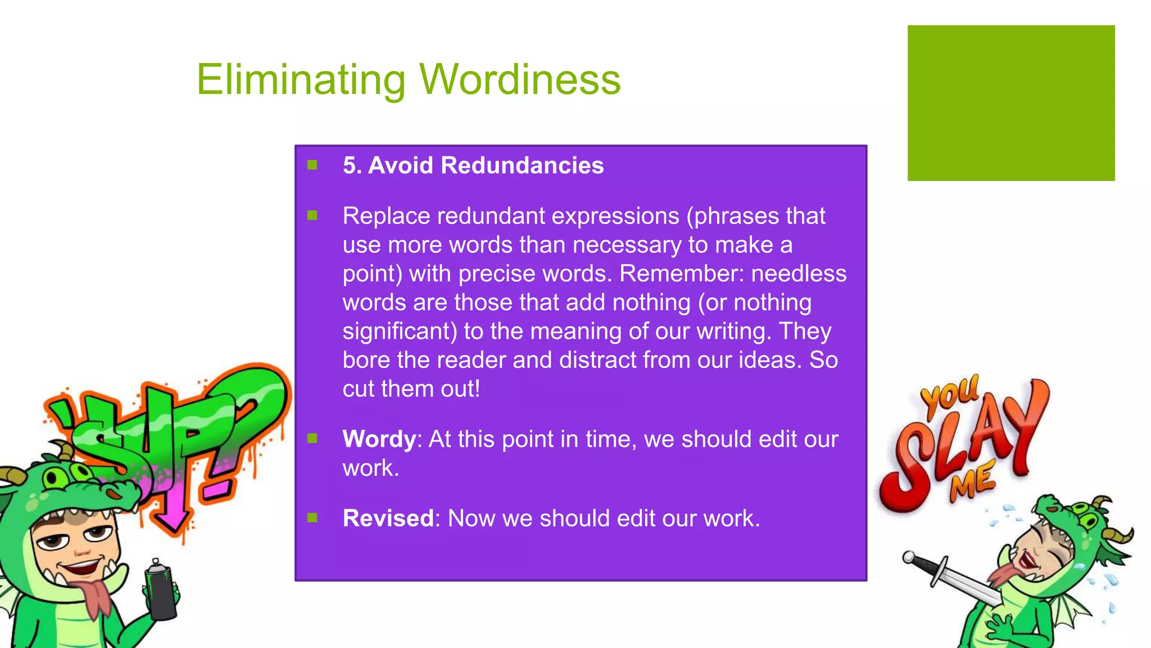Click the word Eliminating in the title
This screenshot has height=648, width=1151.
(x=301, y=80)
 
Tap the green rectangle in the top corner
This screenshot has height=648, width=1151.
(x=1010, y=103)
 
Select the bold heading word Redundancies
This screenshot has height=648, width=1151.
(x=522, y=166)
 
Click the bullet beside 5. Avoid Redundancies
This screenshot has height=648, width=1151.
(x=312, y=165)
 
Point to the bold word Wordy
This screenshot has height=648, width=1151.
(x=379, y=439)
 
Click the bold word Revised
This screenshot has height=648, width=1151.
(x=388, y=519)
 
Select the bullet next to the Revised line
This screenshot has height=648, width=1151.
(x=312, y=517)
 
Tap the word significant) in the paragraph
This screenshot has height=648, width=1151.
(x=400, y=331)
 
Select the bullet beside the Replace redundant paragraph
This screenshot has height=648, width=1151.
(x=312, y=215)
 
